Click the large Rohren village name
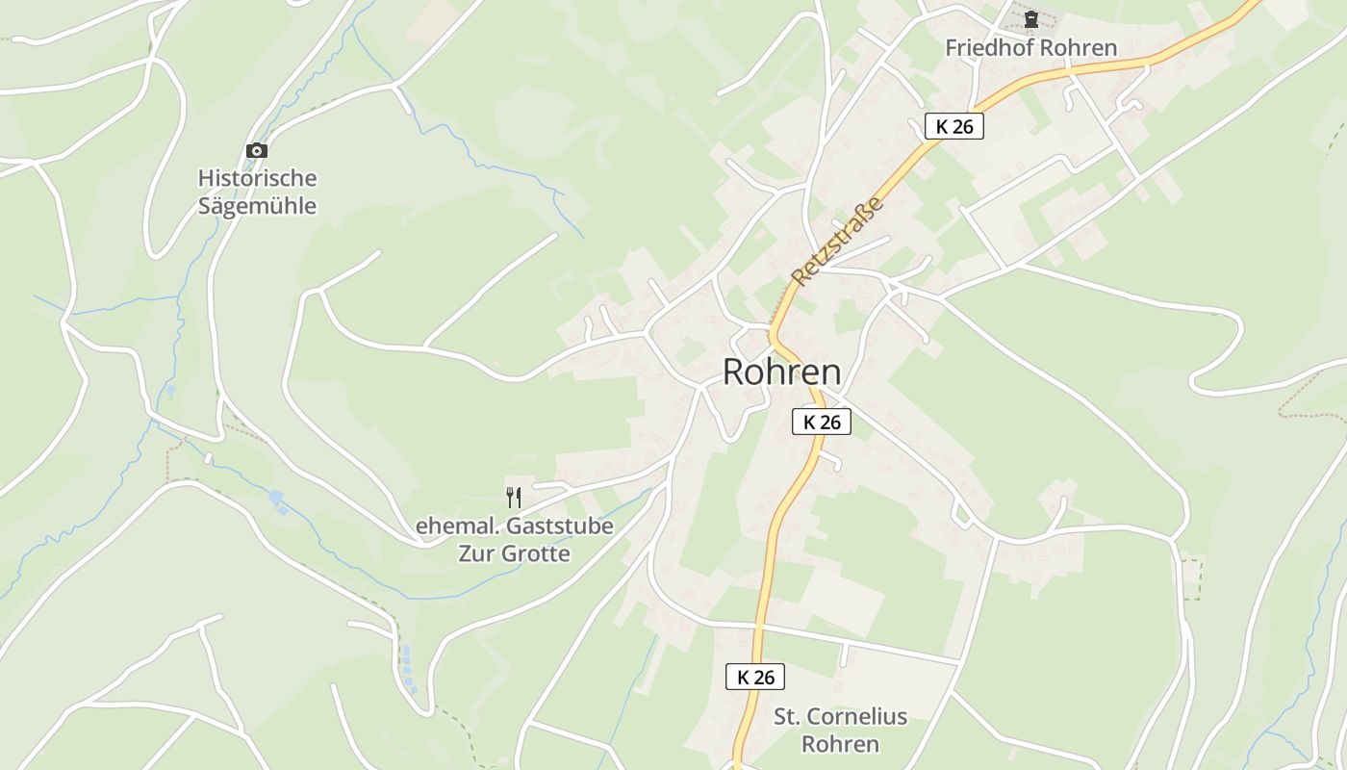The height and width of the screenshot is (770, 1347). click(x=781, y=372)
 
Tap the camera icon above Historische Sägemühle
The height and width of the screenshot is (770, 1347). click(x=257, y=151)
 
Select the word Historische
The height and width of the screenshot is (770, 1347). click(x=257, y=178)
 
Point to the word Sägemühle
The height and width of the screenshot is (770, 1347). click(x=257, y=206)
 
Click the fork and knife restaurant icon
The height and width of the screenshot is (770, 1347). click(x=514, y=498)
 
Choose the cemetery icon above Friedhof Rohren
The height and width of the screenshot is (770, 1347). click(x=1031, y=19)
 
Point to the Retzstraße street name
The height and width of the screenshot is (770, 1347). click(x=838, y=241)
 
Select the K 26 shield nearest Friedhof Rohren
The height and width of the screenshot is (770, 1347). click(x=954, y=126)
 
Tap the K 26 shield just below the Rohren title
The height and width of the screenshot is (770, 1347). click(x=822, y=422)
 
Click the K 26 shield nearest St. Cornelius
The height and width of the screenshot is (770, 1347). click(x=755, y=677)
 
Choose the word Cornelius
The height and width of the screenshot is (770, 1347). click(x=855, y=716)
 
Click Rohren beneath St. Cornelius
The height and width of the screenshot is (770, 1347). click(x=840, y=744)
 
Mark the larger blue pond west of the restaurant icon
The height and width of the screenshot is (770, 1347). click(x=277, y=500)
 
